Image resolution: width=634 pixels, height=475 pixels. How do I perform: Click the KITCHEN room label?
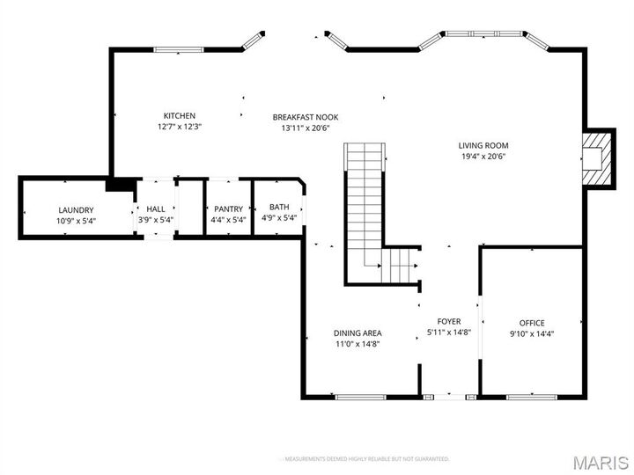pos(179,116)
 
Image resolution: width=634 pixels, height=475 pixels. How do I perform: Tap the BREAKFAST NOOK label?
pos(305,117)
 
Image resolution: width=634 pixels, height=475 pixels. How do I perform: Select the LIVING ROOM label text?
pos(483,146)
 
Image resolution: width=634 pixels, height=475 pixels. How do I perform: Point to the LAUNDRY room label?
pos(76,209)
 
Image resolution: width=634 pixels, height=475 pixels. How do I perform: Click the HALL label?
pos(156,209)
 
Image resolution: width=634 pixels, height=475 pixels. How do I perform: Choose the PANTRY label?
pos(228,209)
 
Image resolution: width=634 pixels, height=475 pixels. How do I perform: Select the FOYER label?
pos(449,322)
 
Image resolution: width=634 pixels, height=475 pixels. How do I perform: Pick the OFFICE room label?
pos(532,323)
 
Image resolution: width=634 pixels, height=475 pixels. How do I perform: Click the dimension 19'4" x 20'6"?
pos(483,157)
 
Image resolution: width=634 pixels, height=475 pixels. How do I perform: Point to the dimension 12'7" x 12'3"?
pos(179,127)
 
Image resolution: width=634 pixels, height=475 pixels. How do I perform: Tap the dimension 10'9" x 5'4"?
pos(76,220)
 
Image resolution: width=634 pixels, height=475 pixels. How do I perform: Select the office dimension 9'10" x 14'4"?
pos(532,333)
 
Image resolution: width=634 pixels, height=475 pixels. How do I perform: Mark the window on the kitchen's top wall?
pos(180,49)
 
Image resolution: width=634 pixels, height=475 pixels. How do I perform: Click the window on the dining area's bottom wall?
pos(361,397)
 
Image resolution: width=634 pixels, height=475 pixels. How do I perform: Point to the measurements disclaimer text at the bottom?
pos(365,459)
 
